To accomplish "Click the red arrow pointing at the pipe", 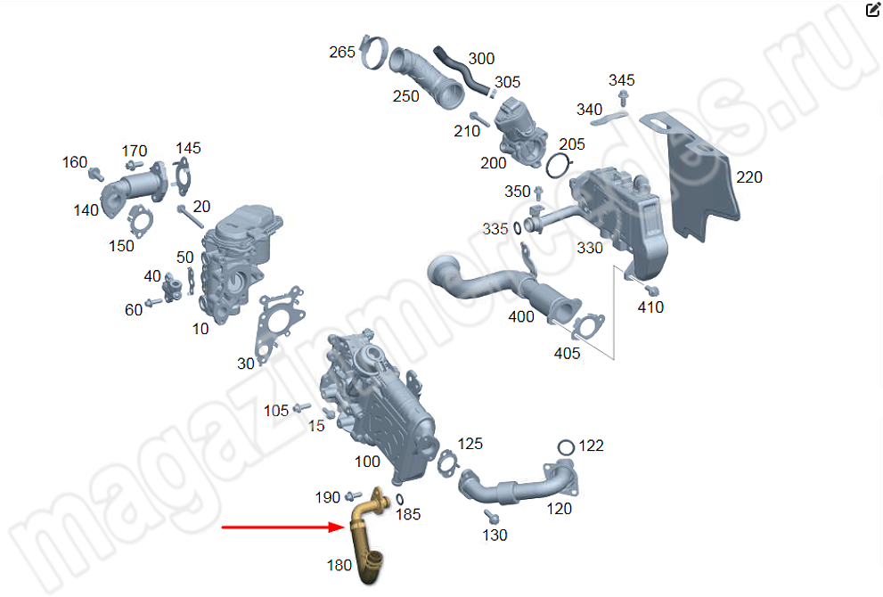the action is coord(282,527).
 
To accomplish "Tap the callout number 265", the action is coord(342,53).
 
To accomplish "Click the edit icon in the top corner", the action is coord(872,10).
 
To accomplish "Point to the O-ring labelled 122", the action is coord(566,447).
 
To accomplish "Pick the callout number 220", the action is coord(749,177).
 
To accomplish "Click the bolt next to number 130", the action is coord(491,516).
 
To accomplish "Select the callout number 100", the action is coord(367,462).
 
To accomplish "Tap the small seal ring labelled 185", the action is coord(399,500).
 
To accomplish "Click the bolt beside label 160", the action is coord(96,174).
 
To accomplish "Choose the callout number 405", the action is coord(567,354).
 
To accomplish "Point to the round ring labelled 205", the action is coord(558,166).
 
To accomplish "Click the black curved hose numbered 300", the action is coord(461,70).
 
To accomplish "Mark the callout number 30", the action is coord(246,364).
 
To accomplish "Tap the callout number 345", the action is coord(622,80).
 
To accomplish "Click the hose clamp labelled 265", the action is coord(373,52).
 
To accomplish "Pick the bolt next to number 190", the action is coord(353,495).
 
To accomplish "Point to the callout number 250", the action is coord(406,96).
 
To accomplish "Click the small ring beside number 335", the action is coord(518,228).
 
